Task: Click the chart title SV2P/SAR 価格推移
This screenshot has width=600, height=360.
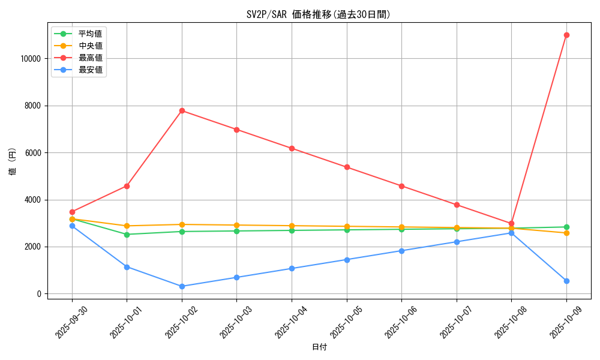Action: [319, 14]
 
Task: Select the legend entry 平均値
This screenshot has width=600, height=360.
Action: [90, 34]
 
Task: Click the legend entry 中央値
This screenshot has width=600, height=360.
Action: [90, 46]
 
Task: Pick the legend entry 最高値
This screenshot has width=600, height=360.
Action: [90, 58]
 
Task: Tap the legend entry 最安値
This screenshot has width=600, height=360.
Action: [90, 70]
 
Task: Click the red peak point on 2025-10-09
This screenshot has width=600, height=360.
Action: [566, 35]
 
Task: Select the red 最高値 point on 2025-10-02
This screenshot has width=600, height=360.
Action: [182, 110]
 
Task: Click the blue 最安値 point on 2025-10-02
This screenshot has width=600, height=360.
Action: [182, 286]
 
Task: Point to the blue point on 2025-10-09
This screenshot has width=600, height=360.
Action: [566, 281]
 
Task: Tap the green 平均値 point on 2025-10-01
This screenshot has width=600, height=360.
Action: [127, 235]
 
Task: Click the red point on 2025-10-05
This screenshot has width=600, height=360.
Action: [347, 167]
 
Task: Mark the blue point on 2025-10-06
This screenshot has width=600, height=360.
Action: [401, 251]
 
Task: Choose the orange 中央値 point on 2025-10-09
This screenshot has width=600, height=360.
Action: [566, 233]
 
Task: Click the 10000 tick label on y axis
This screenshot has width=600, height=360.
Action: [29, 59]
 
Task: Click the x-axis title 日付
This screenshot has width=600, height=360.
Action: [319, 347]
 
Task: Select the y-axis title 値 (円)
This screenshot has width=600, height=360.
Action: [13, 161]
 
